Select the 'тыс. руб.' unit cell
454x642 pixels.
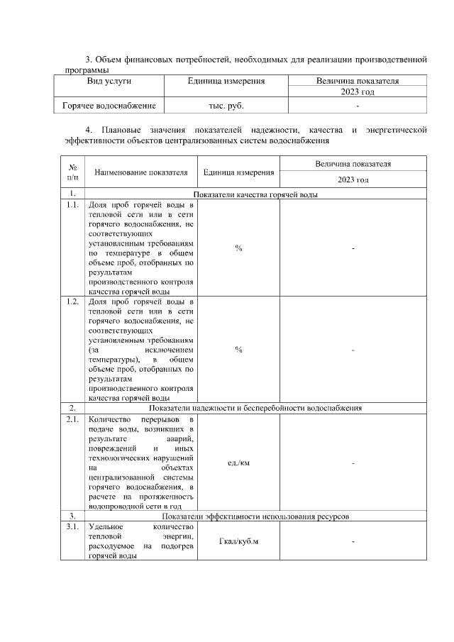pos(226,105)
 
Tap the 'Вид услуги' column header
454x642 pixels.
pos(109,82)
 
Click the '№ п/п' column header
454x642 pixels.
pos(72,171)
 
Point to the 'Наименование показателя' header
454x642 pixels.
pos(140,172)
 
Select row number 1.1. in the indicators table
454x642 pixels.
pos(72,205)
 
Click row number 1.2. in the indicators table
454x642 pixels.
pos(72,301)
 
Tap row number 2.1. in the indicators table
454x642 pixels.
pos(72,421)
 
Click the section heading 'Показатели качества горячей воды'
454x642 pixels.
pos(255,194)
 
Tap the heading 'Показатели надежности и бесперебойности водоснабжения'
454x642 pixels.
pos(255,409)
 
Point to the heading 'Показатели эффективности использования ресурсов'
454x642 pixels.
pos(255,516)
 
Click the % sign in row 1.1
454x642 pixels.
pos(238,248)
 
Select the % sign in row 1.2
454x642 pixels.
pos(238,350)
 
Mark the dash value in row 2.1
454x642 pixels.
pos(353,463)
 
